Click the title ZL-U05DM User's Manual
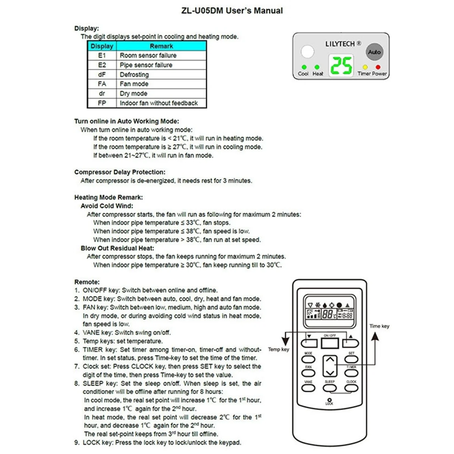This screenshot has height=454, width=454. (232, 11)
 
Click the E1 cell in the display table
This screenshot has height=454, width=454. (102, 56)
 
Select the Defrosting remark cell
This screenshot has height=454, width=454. (134, 75)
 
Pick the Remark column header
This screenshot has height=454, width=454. (161, 46)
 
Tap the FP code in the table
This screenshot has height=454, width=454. (102, 103)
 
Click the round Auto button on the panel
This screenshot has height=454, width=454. (374, 52)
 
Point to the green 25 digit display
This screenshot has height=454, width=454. (341, 65)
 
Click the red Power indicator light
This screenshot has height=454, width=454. (378, 67)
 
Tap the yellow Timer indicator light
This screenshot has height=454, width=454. (365, 67)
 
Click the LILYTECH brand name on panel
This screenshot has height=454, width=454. (340, 44)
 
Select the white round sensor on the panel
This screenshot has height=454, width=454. (308, 52)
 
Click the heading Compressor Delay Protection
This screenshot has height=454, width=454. (120, 172)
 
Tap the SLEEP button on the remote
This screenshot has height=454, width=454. (330, 388)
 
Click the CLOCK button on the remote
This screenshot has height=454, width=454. (351, 388)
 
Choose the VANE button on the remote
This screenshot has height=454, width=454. (308, 388)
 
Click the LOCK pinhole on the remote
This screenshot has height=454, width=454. (329, 400)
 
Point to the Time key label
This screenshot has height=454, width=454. (379, 326)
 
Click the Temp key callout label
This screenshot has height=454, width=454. (278, 349)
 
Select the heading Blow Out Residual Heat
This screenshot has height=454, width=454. (117, 248)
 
